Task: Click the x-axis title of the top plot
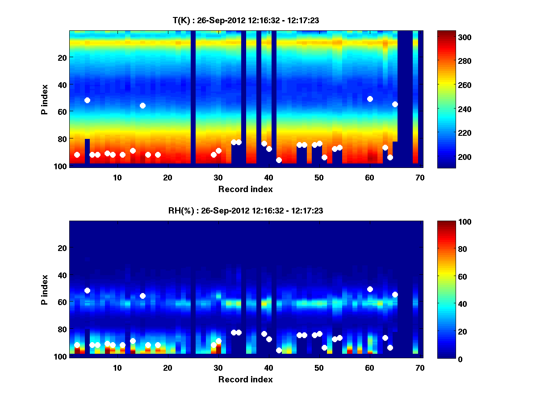pyautogui.click(x=245, y=189)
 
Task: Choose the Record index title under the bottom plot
pyautogui.click(x=245, y=379)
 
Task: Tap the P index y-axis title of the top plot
pyautogui.click(x=45, y=99)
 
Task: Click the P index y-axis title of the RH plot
pyautogui.click(x=45, y=289)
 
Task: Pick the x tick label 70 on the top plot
pyautogui.click(x=420, y=177)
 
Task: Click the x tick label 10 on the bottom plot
pyautogui.click(x=117, y=368)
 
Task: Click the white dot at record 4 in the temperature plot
pyautogui.click(x=87, y=100)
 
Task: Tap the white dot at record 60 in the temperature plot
pyautogui.click(x=370, y=99)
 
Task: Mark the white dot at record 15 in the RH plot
pyautogui.click(x=142, y=296)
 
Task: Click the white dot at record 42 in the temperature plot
pyautogui.click(x=279, y=160)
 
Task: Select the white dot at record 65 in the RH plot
pyautogui.click(x=395, y=294)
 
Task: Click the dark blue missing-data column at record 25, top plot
pyautogui.click(x=193, y=98)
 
